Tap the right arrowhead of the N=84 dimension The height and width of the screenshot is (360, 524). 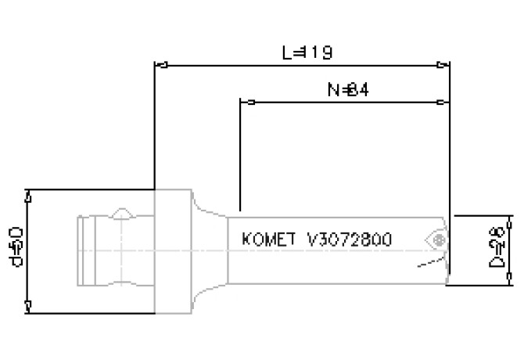pyautogui.click(x=446, y=103)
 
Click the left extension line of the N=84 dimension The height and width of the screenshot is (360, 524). pyautogui.click(x=239, y=157)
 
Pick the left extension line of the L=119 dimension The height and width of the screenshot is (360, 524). pyautogui.click(x=154, y=125)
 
